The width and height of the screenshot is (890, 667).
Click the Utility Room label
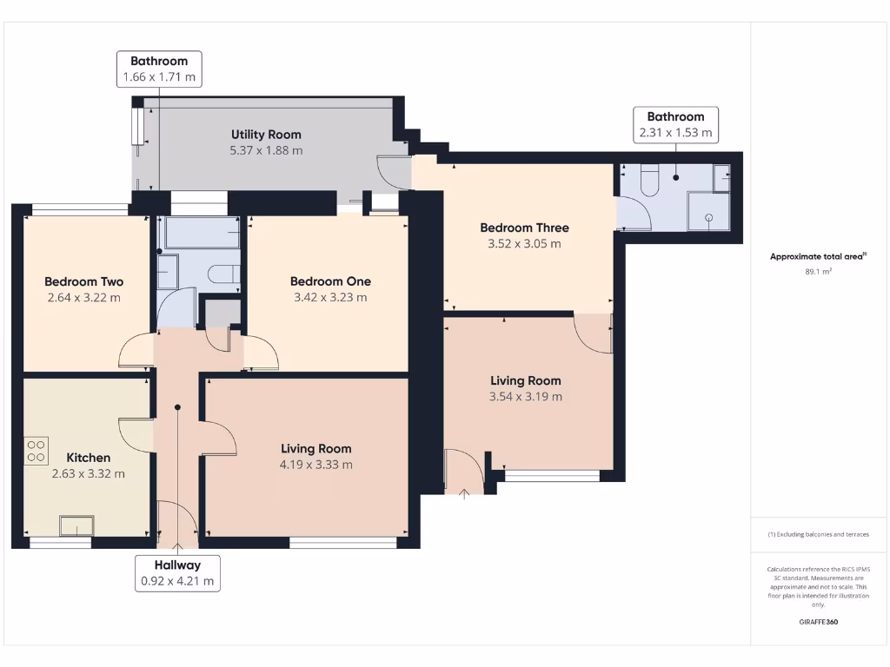[266, 135]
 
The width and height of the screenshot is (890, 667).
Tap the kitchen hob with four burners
[37, 451]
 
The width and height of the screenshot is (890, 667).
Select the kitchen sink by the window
[76, 525]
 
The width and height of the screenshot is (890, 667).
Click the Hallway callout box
[177, 573]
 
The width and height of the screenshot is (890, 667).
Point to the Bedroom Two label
[84, 281]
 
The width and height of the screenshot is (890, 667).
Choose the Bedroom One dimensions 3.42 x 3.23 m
[330, 297]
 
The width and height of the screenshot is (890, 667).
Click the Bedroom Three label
[524, 228]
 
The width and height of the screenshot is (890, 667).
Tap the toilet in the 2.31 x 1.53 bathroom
[649, 180]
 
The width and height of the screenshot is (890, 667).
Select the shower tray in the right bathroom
[708, 211]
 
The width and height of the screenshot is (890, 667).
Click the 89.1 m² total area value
[819, 272]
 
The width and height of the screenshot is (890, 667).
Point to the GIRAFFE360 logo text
[819, 622]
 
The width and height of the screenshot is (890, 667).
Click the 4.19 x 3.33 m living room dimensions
[316, 465]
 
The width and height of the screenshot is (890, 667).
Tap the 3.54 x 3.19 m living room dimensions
[526, 396]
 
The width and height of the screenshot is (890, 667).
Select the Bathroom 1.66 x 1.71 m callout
[160, 69]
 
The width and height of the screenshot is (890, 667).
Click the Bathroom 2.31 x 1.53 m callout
[676, 124]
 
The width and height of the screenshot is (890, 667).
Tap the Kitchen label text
[89, 458]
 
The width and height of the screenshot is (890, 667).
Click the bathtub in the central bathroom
[202, 233]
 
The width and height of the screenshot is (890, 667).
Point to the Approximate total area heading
[818, 256]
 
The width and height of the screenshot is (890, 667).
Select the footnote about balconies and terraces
[819, 534]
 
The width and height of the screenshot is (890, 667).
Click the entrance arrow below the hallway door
[177, 549]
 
